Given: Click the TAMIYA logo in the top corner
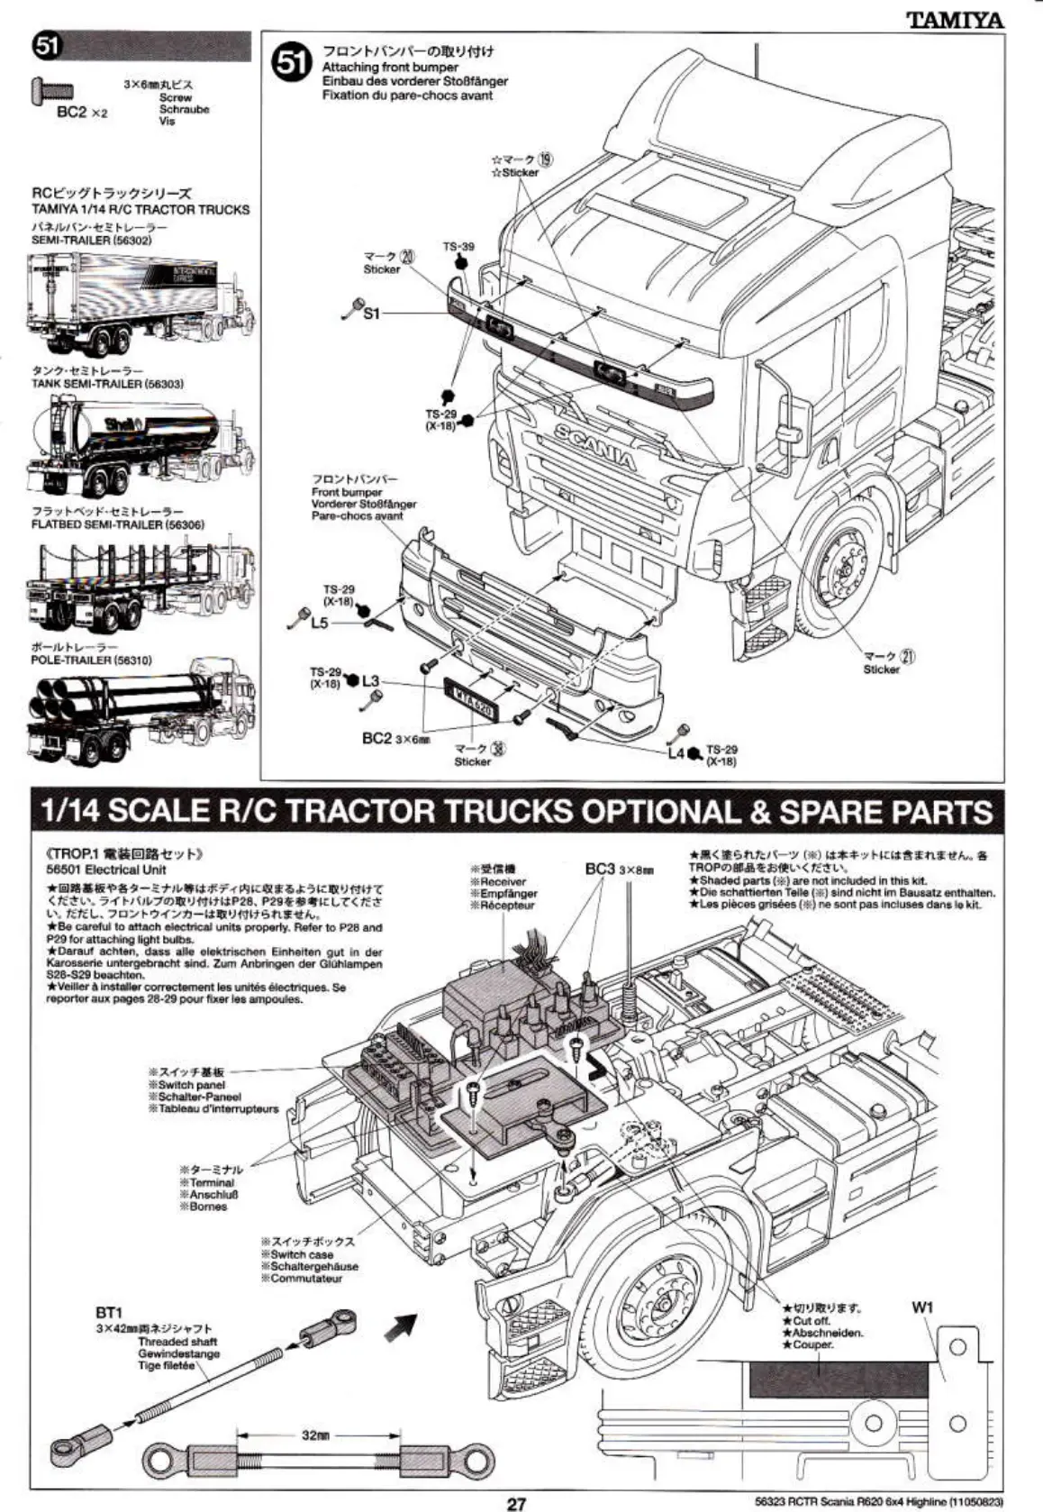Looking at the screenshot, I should (x=955, y=19).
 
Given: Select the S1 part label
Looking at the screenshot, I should (x=372, y=313).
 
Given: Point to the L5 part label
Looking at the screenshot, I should (x=319, y=624).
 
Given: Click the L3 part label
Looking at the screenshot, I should (x=371, y=680).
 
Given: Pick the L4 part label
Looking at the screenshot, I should (x=676, y=752).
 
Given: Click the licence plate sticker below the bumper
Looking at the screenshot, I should (x=471, y=700).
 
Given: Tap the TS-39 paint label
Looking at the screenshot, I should (x=458, y=246).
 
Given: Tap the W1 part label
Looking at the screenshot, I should (x=922, y=1308).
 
